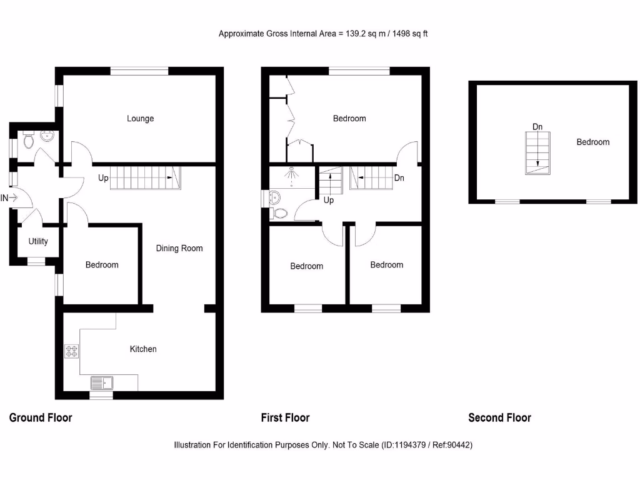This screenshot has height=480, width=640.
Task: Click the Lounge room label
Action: [x=140, y=119]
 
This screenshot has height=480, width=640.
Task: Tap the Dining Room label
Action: [x=179, y=248]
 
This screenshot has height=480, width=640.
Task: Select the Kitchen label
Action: [x=143, y=349]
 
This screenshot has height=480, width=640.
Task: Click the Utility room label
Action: [x=38, y=241]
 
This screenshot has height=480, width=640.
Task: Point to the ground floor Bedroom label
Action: [x=102, y=265]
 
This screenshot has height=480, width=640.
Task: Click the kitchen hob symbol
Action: [x=71, y=351]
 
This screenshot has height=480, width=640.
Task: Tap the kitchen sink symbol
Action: [x=101, y=382]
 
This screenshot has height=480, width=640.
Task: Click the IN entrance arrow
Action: [x=12, y=198]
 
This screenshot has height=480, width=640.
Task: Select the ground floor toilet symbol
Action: [x=27, y=141]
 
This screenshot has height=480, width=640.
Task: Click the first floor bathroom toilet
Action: [x=280, y=213]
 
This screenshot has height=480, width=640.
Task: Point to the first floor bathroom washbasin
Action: [x=272, y=198]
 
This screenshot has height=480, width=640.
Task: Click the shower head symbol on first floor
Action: [x=291, y=169]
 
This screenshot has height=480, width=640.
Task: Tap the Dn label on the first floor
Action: [x=399, y=178]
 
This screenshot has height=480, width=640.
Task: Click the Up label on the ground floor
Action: [x=103, y=178]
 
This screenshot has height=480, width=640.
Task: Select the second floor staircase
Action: [x=537, y=154]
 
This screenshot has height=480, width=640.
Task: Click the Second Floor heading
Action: [x=499, y=417]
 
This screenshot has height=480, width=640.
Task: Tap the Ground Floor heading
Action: [x=41, y=417]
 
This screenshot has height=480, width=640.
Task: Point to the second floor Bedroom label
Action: [x=592, y=142]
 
